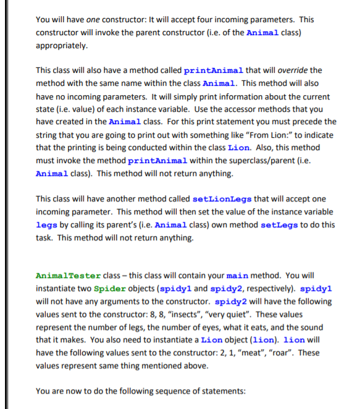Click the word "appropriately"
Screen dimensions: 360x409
(61, 45)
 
